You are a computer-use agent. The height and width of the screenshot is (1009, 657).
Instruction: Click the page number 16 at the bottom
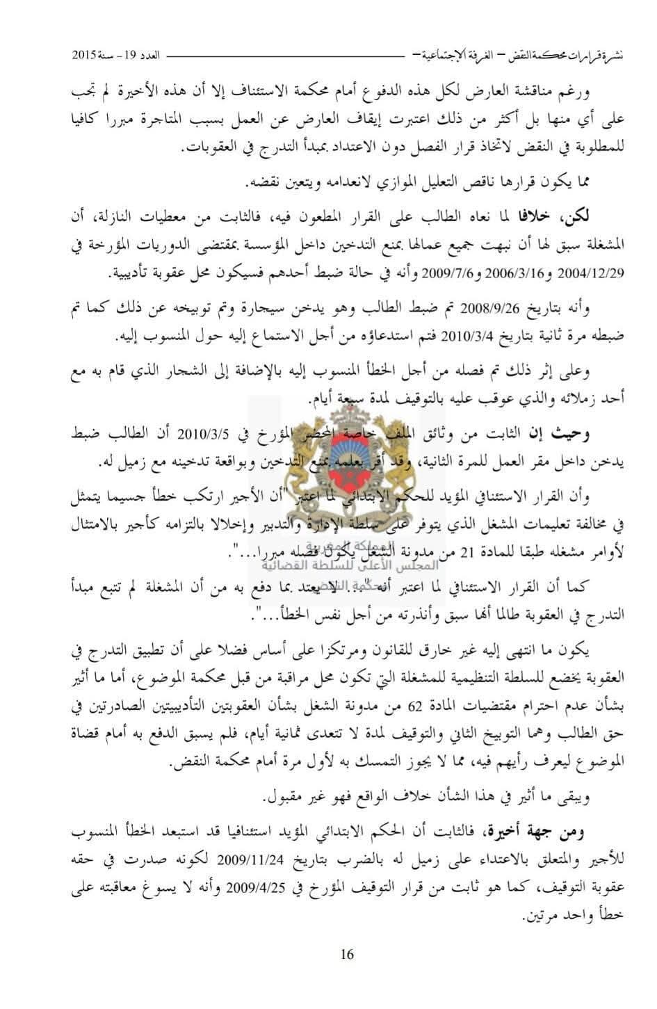pos(347,955)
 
